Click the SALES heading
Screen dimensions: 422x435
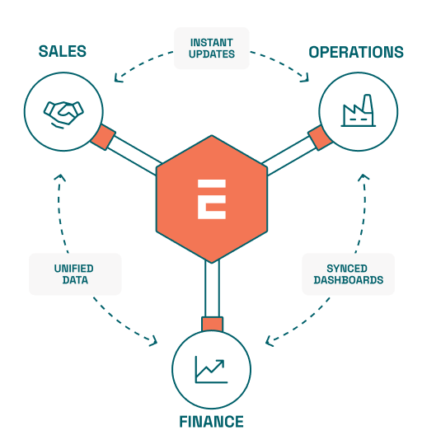[63, 51]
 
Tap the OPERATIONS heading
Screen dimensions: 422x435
[356, 52]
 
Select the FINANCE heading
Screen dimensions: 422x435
[211, 422]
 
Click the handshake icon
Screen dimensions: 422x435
[63, 115]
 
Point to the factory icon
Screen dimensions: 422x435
[359, 110]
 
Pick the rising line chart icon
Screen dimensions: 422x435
[212, 370]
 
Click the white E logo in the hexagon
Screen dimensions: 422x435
[212, 199]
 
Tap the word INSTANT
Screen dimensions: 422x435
[212, 43]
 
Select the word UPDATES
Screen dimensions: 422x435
[212, 54]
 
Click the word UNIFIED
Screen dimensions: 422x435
[74, 269]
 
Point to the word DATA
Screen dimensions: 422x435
[75, 280]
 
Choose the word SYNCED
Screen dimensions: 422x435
[347, 269]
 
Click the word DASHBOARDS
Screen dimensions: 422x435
[349, 280]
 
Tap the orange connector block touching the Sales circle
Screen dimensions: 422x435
[103, 138]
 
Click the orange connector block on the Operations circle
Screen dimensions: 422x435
[320, 138]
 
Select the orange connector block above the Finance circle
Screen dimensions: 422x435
[212, 324]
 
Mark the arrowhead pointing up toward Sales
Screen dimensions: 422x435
[60, 178]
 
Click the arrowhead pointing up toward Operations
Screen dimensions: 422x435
[363, 177]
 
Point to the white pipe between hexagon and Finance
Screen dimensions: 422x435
[212, 288]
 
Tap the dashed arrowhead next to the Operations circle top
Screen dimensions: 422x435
[305, 78]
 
